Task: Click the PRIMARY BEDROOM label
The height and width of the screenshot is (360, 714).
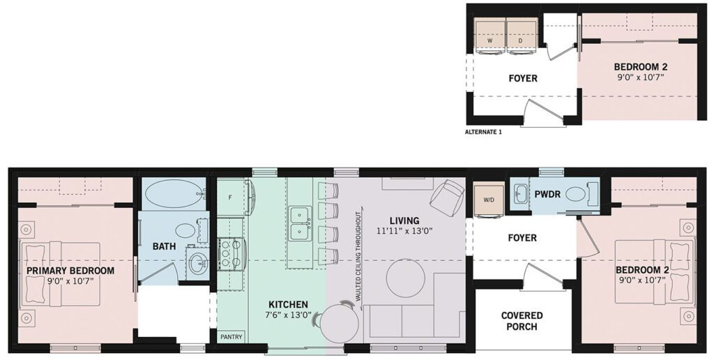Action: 70,271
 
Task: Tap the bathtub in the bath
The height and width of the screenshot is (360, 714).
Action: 174,194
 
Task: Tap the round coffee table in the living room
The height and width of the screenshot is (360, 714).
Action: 406,278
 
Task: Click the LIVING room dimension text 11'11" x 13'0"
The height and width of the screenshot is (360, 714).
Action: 404,231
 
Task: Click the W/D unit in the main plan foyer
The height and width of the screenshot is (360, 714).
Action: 489,199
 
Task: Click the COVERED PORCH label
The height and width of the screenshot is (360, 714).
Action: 522,321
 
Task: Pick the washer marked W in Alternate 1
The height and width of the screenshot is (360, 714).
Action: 490,36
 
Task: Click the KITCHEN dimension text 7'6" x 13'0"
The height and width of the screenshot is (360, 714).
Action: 288,315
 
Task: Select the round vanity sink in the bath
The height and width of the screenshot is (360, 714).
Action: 199,263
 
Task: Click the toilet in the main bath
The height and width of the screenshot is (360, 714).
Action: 187,230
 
